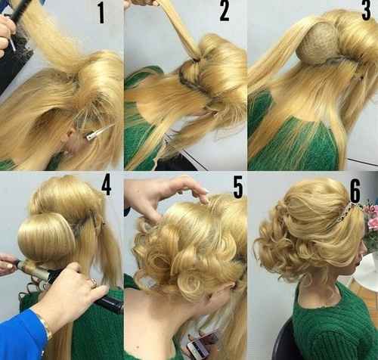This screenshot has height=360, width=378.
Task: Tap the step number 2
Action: tap(224, 11)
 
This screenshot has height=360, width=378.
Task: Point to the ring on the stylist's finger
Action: tap(92, 283)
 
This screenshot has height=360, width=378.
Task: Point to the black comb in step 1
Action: tap(19, 11)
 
